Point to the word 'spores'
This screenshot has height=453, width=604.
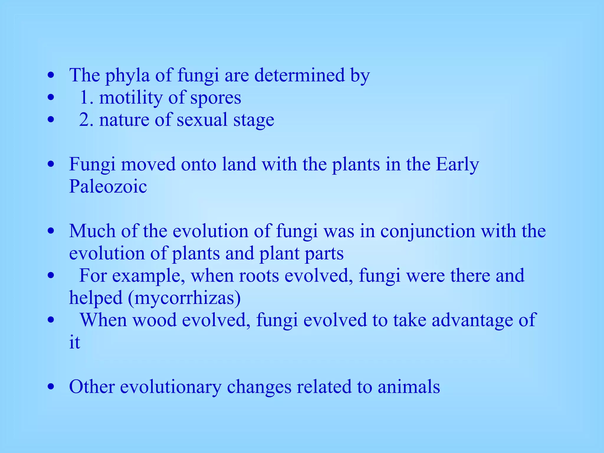click(x=216, y=98)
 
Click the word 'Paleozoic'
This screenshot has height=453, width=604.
click(x=108, y=186)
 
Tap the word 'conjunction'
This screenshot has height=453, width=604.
click(x=428, y=231)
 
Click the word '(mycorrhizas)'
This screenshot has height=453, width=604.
click(x=184, y=298)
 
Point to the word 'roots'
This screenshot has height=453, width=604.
click(x=259, y=275)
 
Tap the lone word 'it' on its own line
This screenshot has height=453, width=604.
click(x=74, y=342)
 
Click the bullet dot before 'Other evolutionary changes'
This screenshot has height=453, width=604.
click(x=51, y=387)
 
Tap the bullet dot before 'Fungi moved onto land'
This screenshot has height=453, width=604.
click(x=51, y=165)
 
